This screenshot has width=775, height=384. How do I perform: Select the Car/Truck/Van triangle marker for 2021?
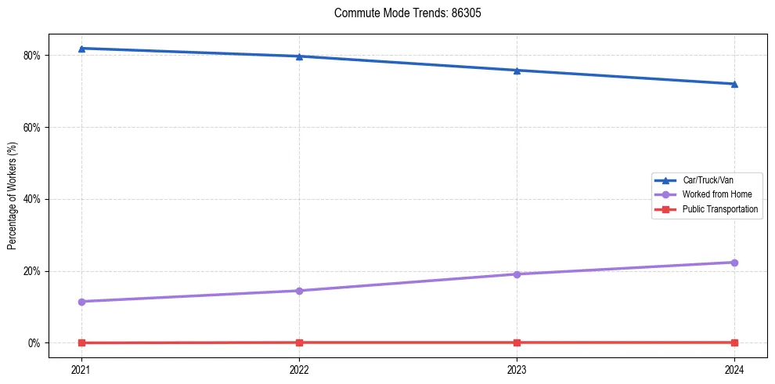click(x=81, y=49)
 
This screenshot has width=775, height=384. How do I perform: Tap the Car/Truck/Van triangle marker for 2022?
click(x=299, y=56)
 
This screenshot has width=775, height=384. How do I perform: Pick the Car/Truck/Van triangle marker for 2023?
click(x=517, y=71)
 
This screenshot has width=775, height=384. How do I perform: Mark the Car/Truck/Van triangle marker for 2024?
click(x=734, y=84)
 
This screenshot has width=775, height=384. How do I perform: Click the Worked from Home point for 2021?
click(x=81, y=302)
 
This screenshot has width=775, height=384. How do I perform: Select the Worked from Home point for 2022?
click(x=299, y=291)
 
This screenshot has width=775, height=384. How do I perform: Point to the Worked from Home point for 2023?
click(x=517, y=274)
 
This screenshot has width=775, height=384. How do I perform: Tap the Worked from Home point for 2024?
click(x=734, y=263)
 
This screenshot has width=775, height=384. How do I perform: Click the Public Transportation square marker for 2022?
click(x=299, y=342)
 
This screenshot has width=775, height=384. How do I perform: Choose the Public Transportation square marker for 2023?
click(x=517, y=342)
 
